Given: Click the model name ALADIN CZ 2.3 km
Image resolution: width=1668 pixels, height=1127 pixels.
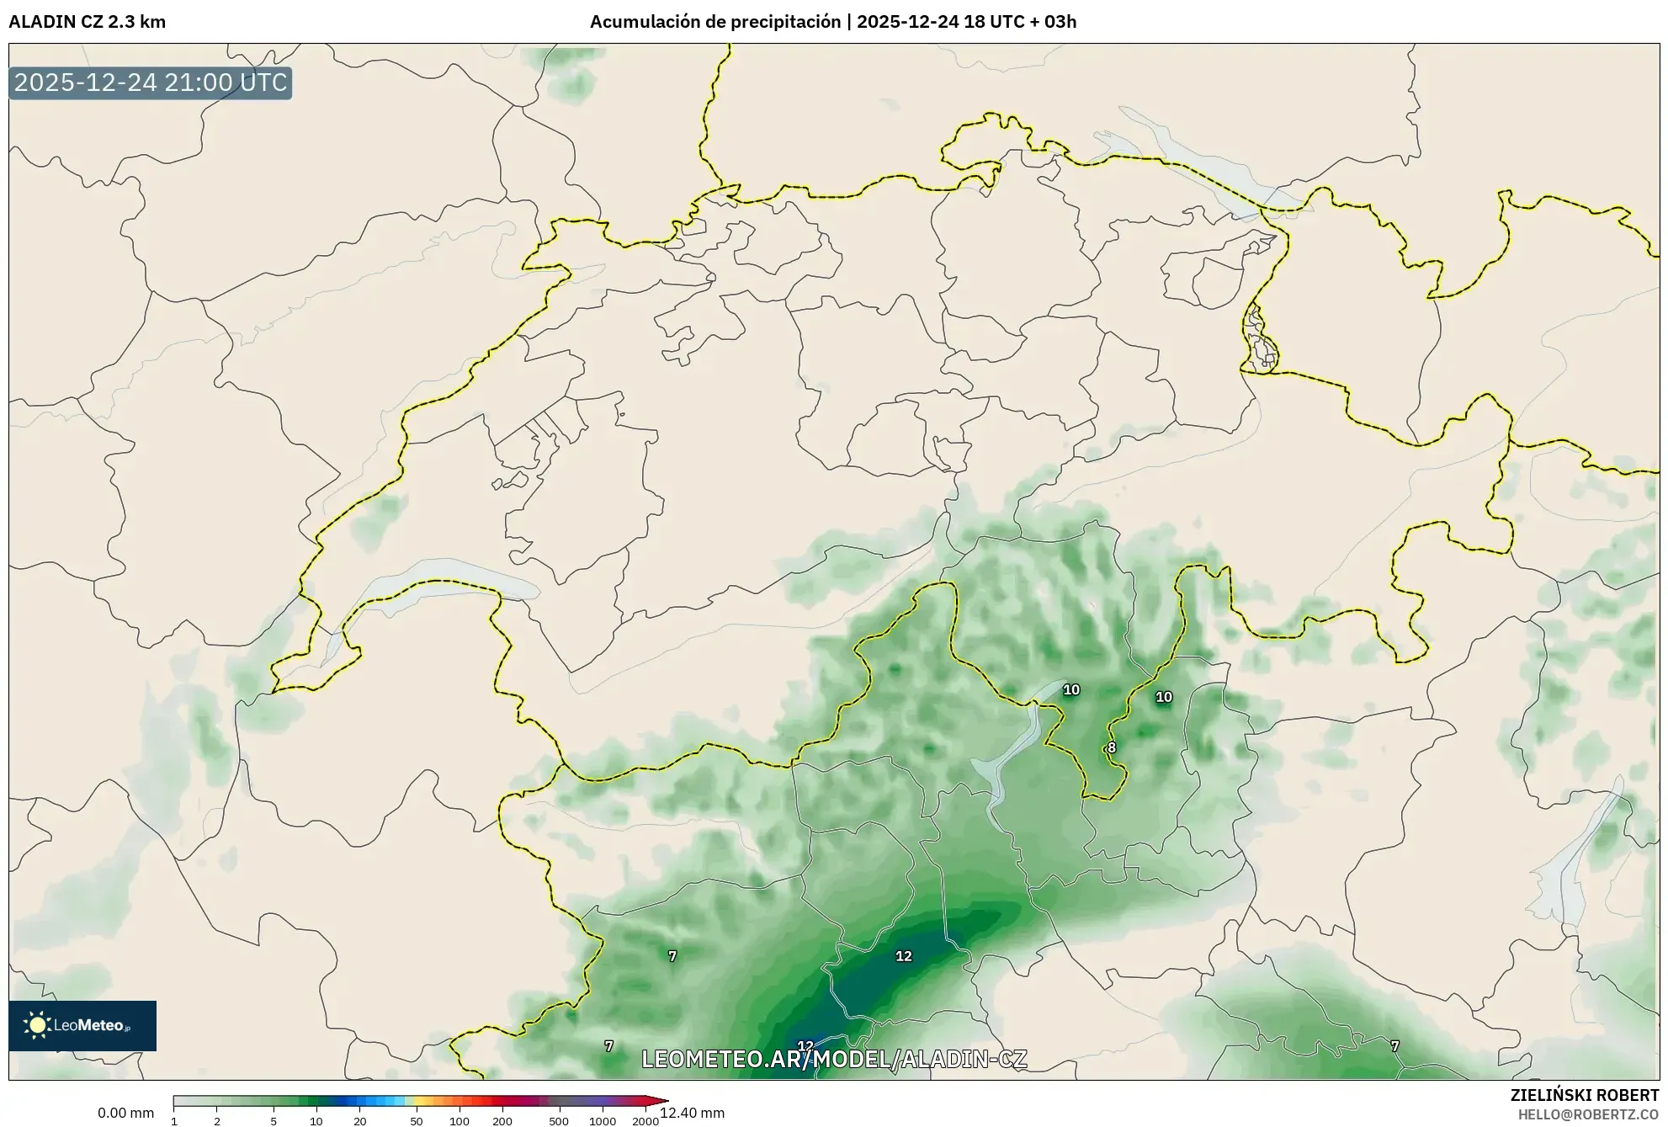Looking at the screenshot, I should click(x=88, y=22).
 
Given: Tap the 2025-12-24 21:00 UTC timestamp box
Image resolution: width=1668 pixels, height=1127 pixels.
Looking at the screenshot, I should click(x=151, y=83).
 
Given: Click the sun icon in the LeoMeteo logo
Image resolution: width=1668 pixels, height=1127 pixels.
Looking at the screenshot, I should click(x=37, y=1024).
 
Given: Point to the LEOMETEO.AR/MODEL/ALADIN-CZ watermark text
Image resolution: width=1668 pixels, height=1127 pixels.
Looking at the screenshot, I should click(x=834, y=1059).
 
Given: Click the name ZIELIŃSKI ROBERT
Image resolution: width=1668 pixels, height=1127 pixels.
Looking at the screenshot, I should click(x=1585, y=1095).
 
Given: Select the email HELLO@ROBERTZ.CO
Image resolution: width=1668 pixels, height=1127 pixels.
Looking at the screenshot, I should click(x=1589, y=1114).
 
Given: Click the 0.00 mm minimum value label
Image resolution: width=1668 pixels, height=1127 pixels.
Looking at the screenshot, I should click(x=126, y=1113).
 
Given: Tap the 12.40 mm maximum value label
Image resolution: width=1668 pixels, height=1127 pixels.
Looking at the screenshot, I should click(x=693, y=1113).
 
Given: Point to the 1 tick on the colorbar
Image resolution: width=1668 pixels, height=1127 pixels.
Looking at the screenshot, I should click(x=174, y=1121).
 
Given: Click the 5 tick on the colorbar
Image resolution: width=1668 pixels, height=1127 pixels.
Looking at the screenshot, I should click(x=274, y=1121).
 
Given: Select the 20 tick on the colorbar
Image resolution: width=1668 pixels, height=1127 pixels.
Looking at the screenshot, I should click(x=360, y=1121).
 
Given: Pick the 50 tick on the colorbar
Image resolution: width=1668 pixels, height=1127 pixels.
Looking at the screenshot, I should click(x=416, y=1121).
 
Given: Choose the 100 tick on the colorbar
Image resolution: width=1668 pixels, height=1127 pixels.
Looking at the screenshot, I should click(x=459, y=1121).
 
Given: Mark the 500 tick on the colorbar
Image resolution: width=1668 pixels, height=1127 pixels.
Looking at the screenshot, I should click(x=559, y=1121).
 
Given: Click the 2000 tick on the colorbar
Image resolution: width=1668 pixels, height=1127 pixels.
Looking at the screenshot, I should click(x=645, y=1121).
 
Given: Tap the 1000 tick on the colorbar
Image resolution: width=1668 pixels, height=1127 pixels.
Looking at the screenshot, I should click(x=603, y=1121).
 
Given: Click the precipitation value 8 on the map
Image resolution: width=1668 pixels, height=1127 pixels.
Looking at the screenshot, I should click(x=1112, y=747).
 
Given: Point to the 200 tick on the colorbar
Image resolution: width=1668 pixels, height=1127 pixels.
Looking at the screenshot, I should click(x=502, y=1121).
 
